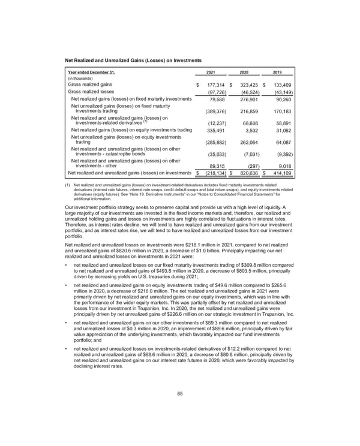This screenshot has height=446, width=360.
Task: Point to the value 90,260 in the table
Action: click(x=280, y=99)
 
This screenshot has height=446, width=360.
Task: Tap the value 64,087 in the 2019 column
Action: click(x=280, y=143)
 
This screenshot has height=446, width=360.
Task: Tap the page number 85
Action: click(x=180, y=393)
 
